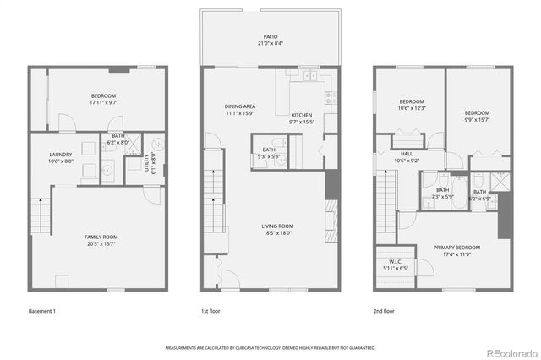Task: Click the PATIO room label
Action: click(270, 37)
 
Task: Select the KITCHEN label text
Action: click(302, 115)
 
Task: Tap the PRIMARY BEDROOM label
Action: click(456, 248)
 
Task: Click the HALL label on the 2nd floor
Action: click(407, 155)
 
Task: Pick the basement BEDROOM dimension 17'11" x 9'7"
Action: click(103, 102)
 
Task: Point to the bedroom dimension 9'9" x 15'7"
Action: click(476, 118)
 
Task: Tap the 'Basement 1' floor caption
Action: click(41, 311)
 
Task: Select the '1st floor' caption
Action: click(212, 311)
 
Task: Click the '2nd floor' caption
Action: click(384, 311)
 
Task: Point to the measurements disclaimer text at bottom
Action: click(270, 347)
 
